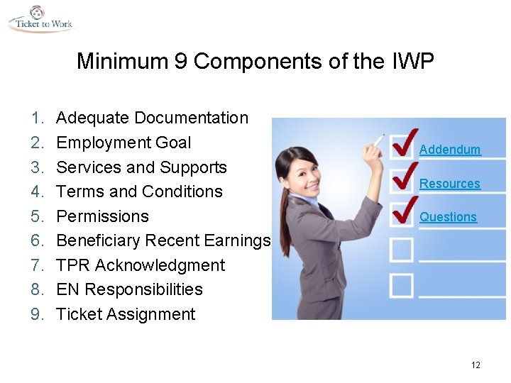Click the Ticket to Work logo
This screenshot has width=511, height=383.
[x=40, y=19]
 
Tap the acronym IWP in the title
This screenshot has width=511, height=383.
[x=412, y=62]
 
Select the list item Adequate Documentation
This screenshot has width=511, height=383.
[x=152, y=118]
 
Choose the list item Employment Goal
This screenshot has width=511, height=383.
[x=123, y=143]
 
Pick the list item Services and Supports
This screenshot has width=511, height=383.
[x=141, y=167]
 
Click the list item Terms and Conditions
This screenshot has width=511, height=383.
[x=139, y=191]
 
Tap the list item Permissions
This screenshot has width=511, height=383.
[x=102, y=216]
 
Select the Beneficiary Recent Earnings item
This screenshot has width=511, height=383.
[x=163, y=240]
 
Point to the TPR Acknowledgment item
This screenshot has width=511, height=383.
[x=140, y=265]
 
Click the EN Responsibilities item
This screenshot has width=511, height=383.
[x=129, y=289]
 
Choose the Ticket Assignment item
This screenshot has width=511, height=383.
[x=125, y=314]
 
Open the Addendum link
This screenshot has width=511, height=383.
[x=450, y=150]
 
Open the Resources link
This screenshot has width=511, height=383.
[x=450, y=184]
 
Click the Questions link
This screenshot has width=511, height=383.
[x=448, y=217]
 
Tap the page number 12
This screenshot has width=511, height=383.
[x=476, y=365]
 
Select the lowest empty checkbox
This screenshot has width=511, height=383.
[x=401, y=285]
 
